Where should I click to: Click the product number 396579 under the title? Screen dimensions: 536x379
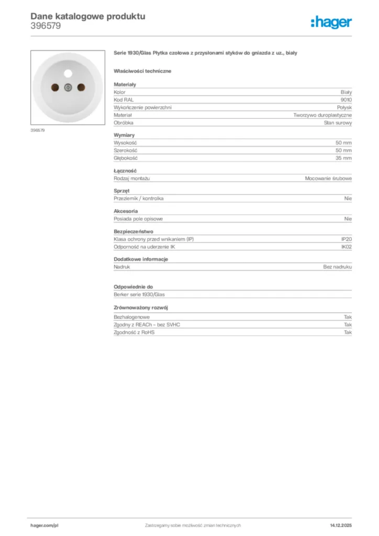[46, 26]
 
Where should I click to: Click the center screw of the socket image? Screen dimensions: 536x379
[67, 88]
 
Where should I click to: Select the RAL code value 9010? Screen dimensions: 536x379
[346, 99]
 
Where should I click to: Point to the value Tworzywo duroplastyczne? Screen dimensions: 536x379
[322, 115]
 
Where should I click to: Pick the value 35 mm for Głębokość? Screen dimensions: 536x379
[343, 158]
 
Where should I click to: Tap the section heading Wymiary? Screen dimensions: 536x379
[124, 135]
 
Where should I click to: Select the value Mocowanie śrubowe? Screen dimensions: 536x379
[328, 178]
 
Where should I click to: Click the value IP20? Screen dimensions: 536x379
[346, 239]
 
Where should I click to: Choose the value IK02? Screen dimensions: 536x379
[346, 247]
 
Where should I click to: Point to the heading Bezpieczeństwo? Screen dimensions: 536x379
[133, 231]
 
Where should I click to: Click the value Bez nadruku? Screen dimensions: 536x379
[337, 267]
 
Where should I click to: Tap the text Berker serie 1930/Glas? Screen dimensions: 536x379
[139, 295]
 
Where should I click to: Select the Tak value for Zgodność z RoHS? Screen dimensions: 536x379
[348, 332]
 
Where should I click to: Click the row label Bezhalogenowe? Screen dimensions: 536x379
[132, 317]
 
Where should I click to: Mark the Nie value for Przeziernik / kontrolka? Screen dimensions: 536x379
[348, 199]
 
